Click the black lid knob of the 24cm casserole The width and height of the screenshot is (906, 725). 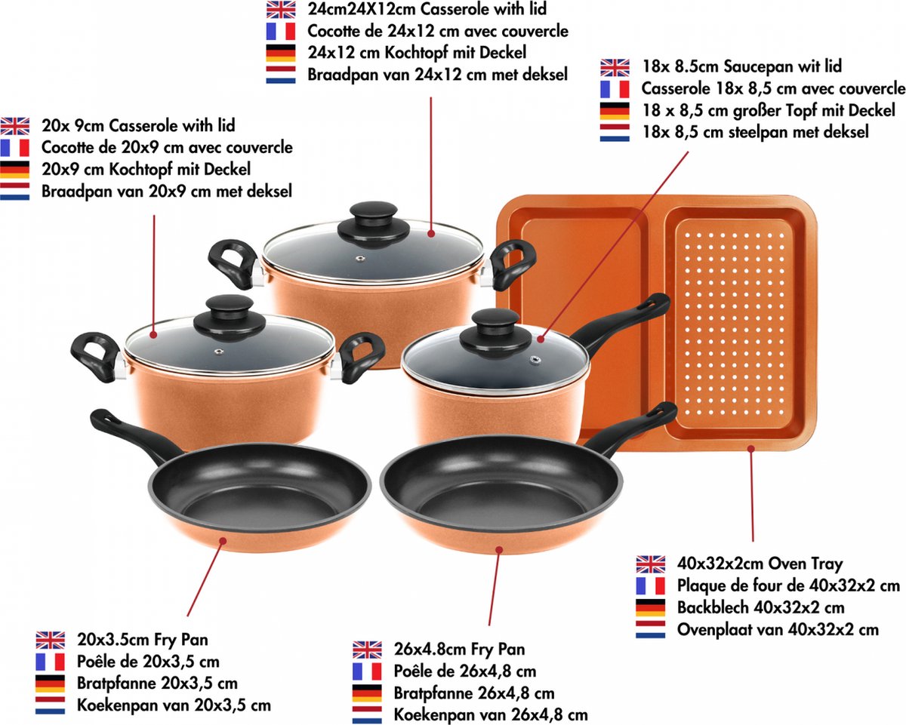tap(374, 224)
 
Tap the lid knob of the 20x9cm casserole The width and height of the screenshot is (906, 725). tap(230, 318)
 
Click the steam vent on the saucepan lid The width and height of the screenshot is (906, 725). tap(535, 360)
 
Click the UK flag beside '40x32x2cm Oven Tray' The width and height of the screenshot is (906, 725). tap(651, 564)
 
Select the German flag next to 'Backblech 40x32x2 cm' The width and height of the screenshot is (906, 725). tap(651, 608)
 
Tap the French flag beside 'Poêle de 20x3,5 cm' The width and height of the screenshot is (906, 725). tap(50, 662)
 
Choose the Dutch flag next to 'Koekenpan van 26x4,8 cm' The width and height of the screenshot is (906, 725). tap(367, 715)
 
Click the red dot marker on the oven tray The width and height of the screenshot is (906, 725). tap(751, 449)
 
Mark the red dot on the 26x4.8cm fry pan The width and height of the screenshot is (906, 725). tap(499, 549)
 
